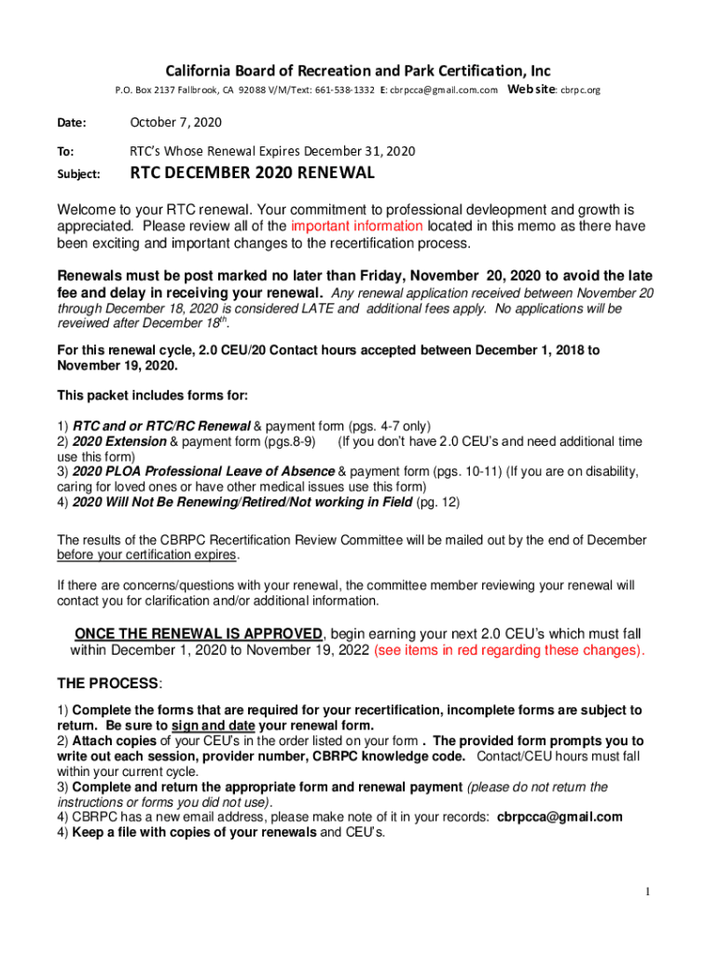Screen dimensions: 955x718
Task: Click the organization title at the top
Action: click(x=358, y=71)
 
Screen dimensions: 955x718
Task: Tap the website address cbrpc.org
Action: click(x=580, y=90)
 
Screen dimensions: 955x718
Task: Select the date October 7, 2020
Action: click(x=175, y=122)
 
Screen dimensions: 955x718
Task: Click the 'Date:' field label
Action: click(x=72, y=123)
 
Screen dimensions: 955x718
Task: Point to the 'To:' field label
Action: click(x=66, y=151)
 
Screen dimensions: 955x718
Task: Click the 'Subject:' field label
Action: click(x=79, y=174)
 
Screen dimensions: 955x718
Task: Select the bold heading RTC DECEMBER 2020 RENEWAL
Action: click(x=252, y=173)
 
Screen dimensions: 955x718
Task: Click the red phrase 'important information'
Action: click(x=357, y=227)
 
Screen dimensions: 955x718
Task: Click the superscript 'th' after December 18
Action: click(x=221, y=319)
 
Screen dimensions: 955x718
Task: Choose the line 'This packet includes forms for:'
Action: click(x=153, y=394)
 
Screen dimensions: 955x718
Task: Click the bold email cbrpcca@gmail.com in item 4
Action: click(x=559, y=817)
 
